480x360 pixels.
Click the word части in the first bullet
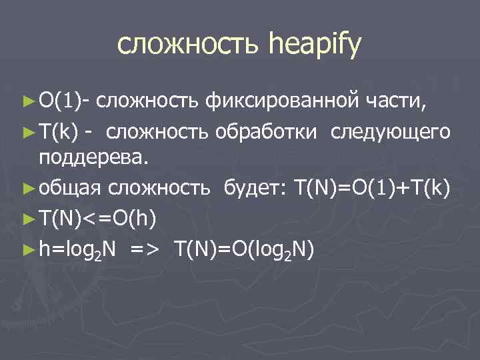(x=401, y=101)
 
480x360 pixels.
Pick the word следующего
(x=393, y=131)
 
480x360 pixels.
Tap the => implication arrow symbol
(x=145, y=249)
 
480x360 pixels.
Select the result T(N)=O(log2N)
(x=244, y=249)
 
